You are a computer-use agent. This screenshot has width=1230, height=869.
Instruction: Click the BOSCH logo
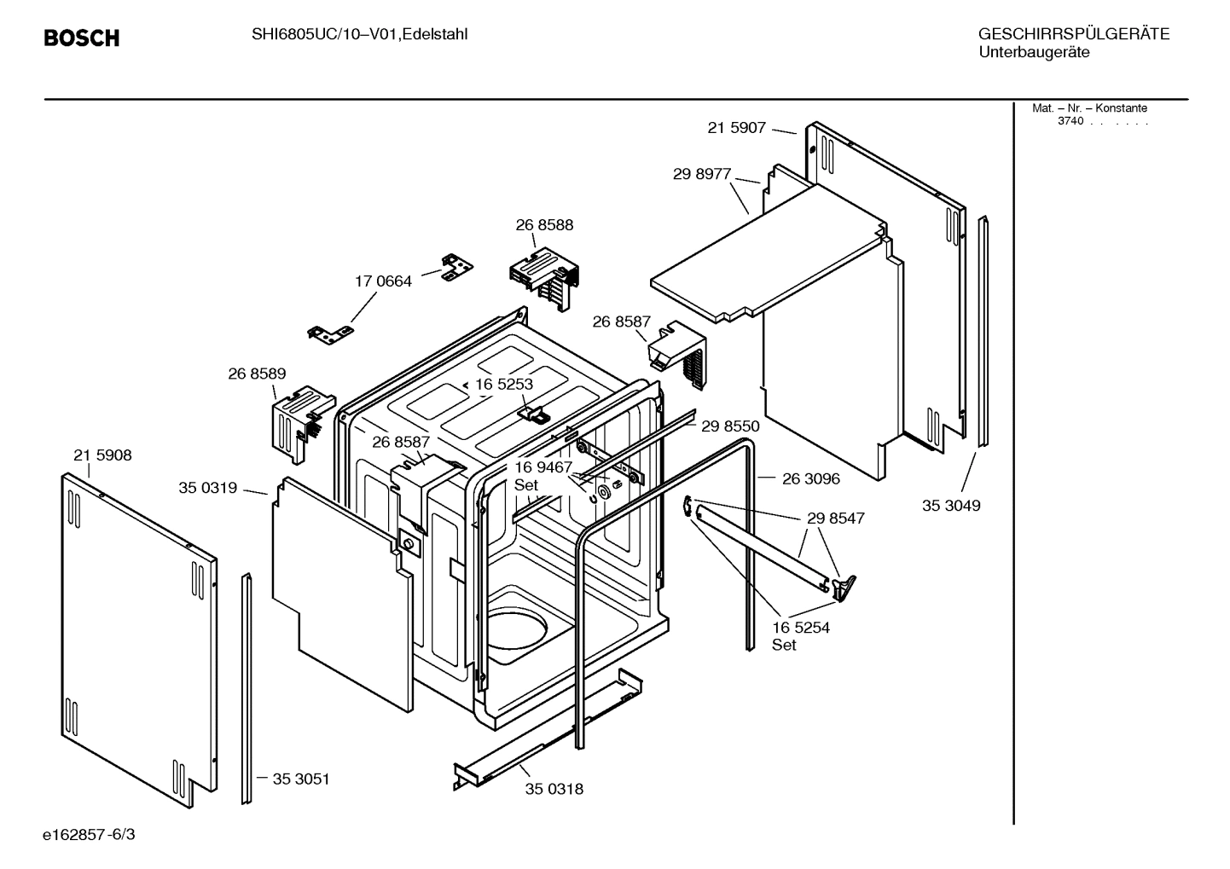coord(81,38)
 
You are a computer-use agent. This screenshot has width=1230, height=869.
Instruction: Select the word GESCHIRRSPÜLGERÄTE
coord(1074,34)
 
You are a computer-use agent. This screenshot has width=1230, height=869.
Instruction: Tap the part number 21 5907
coord(737,128)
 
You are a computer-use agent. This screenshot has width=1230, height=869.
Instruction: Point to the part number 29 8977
coord(702,174)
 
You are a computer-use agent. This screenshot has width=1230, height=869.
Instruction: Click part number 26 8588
coord(544,225)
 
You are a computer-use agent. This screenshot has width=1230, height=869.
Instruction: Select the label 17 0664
coord(383,281)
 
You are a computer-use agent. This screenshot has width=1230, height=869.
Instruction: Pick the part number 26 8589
coord(257,374)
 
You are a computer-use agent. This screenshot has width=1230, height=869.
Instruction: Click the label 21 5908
coord(102,455)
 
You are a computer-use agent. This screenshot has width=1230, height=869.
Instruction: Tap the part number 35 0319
coord(207,488)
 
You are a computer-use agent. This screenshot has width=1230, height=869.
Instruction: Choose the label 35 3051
coord(301,779)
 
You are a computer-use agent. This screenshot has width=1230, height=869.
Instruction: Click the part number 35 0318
coord(554,789)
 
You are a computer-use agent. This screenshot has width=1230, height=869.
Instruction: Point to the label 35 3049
coord(951,506)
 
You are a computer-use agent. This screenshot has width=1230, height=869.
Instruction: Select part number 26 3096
coord(811,478)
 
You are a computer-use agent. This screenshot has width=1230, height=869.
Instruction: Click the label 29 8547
coord(836,518)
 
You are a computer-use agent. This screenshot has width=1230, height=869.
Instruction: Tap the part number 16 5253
coord(504,385)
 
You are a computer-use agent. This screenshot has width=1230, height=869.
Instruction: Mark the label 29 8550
coord(730,426)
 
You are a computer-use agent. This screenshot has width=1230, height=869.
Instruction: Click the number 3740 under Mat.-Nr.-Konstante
coord(1070,121)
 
